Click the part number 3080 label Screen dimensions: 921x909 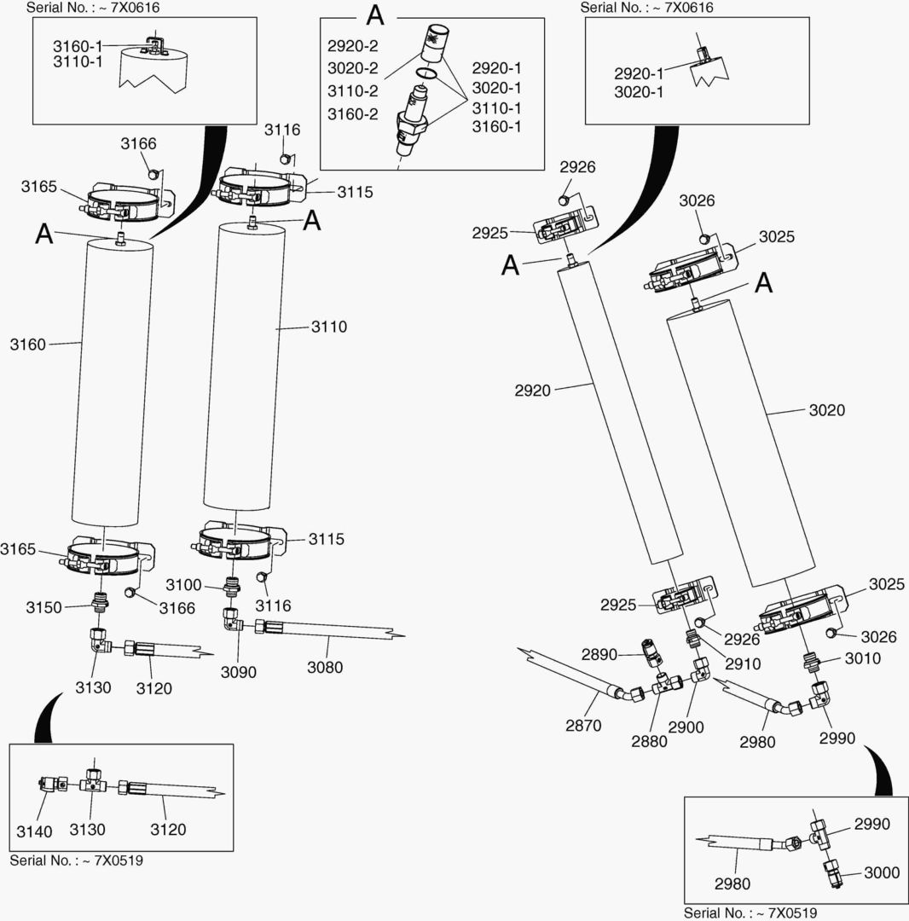325,667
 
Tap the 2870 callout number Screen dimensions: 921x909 583,726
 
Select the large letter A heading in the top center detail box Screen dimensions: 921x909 375,15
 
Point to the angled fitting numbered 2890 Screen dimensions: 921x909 653,653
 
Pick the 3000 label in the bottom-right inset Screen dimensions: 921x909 882,872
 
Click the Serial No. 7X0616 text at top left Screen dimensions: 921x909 93,8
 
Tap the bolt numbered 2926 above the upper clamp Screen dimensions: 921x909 565,200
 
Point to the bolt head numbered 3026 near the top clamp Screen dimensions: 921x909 705,238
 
